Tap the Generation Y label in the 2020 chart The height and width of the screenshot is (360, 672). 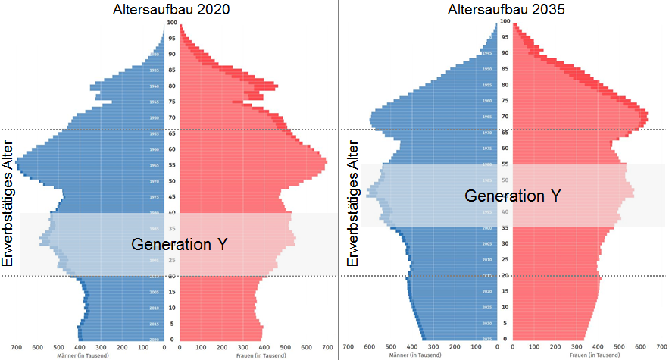pyautogui.click(x=180, y=244)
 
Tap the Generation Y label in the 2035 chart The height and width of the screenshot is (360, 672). pyautogui.click(x=513, y=196)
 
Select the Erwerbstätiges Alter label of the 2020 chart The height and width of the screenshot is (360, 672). pyautogui.click(x=9, y=202)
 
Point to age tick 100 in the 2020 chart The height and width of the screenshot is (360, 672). pyautogui.click(x=173, y=23)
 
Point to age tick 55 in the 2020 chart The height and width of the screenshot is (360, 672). pyautogui.click(x=173, y=165)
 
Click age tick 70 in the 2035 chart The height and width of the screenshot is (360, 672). pyautogui.click(x=505, y=117)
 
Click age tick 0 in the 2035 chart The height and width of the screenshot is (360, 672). pyautogui.click(x=505, y=339)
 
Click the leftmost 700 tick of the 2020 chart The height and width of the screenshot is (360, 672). pyautogui.click(x=14, y=347)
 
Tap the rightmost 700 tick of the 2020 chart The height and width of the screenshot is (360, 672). pyautogui.click(x=328, y=347)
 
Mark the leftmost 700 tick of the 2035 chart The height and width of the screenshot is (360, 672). pyautogui.click(x=348, y=347)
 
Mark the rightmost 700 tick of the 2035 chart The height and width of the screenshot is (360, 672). pyautogui.click(x=661, y=347)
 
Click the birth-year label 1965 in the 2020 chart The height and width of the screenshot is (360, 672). pyautogui.click(x=155, y=165)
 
